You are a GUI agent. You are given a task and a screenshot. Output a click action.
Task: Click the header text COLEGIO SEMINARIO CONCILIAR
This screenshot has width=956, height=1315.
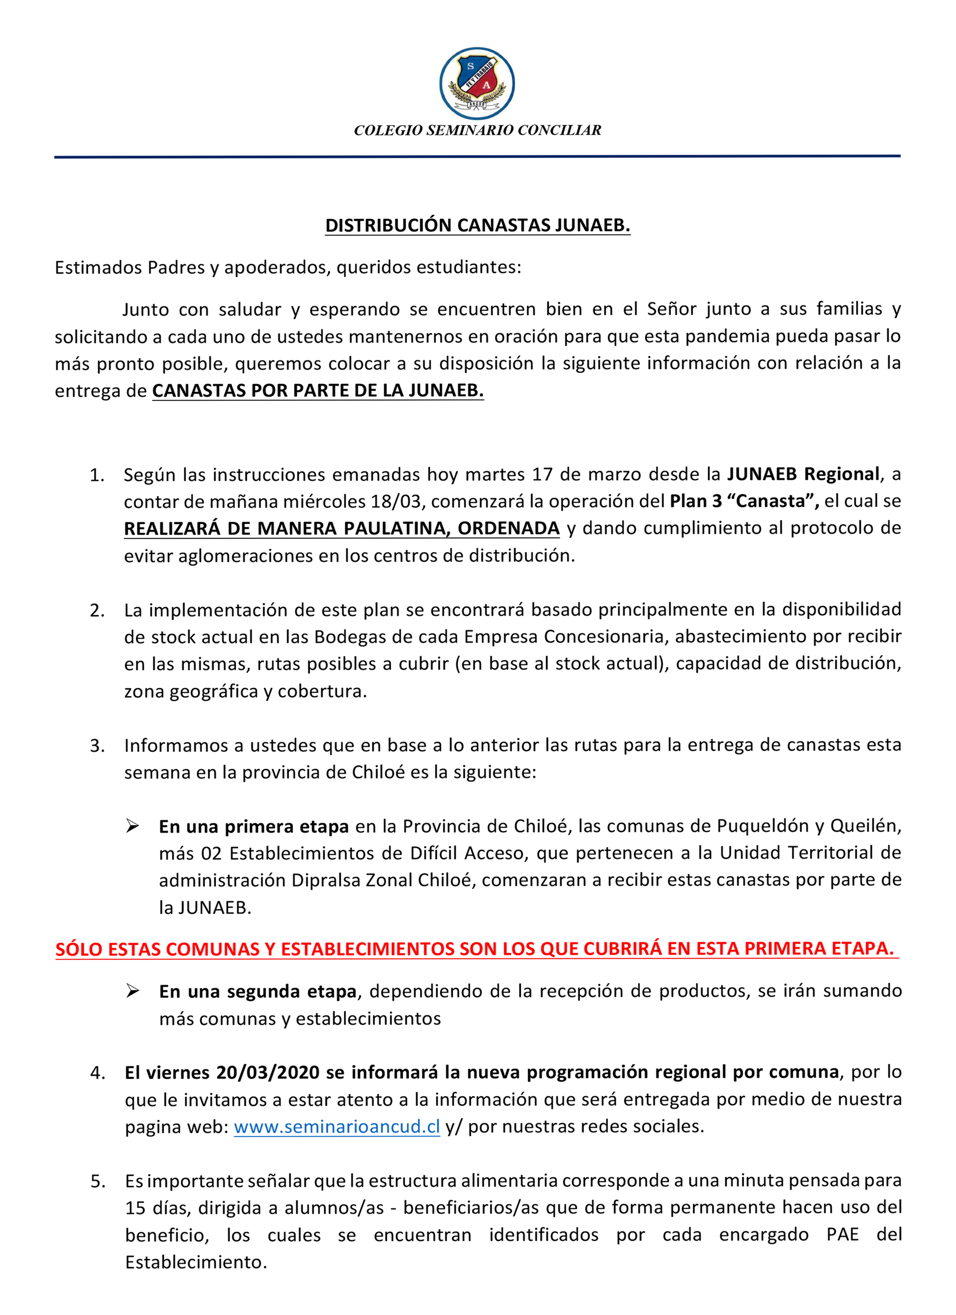tap(477, 130)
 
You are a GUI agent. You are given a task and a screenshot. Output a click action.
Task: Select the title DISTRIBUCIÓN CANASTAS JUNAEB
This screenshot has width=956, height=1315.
tap(477, 225)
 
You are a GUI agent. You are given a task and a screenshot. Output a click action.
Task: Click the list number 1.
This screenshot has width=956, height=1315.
tap(96, 475)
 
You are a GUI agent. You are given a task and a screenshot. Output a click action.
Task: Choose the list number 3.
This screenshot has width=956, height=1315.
tap(97, 746)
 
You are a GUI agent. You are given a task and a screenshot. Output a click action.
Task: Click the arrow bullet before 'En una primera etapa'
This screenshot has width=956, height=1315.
tap(133, 826)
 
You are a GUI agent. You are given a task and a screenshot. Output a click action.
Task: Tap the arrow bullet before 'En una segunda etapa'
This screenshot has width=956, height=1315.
tap(133, 991)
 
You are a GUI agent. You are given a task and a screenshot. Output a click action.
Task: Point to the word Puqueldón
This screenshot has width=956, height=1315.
tap(765, 826)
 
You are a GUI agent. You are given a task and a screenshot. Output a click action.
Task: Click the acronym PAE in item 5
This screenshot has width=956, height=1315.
tap(842, 1235)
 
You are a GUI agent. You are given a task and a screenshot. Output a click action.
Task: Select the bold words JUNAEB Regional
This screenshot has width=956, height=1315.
tap(803, 474)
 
